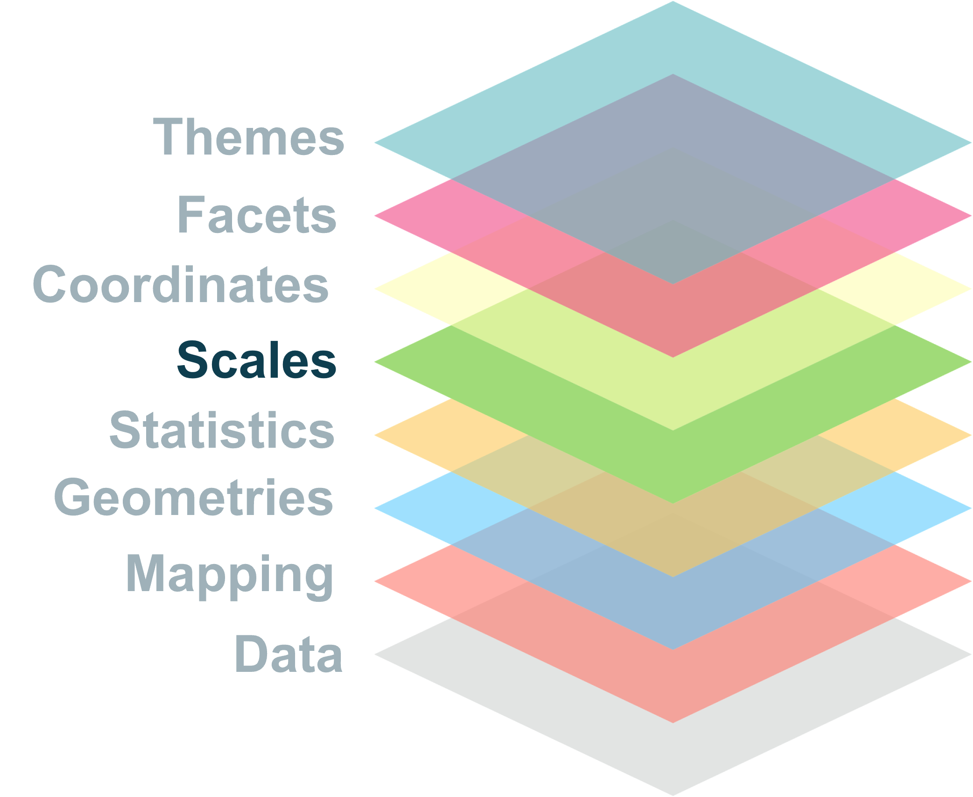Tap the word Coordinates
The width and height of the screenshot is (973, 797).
180,284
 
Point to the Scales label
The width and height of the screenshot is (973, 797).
256,360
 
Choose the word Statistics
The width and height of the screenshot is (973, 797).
222,430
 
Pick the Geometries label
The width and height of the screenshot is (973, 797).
193,498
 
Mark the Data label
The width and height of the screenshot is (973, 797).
288,655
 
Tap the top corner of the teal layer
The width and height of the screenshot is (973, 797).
673,3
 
